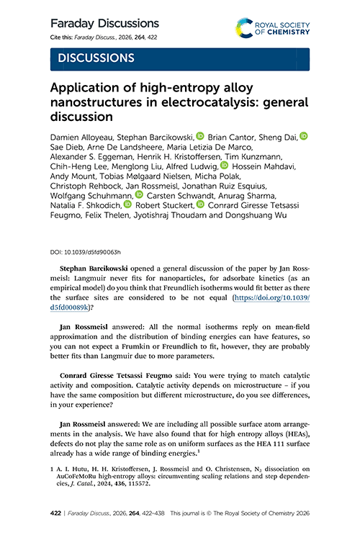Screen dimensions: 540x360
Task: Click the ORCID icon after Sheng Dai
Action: pyautogui.click(x=304, y=135)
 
